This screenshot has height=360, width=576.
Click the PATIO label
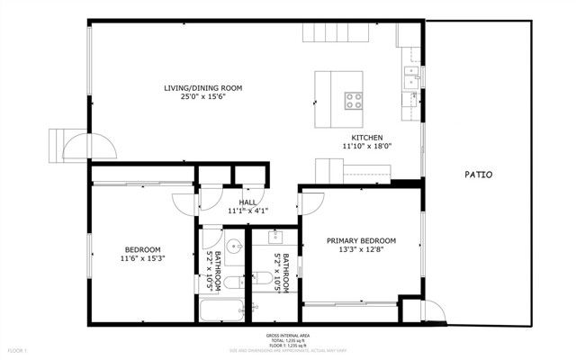coord(478,175)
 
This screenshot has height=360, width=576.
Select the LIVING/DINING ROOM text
coord(202,87)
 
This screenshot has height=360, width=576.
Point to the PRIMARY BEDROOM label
coord(361,240)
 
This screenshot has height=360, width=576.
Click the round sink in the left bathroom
coord(235,246)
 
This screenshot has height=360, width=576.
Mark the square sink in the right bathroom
coord(274,238)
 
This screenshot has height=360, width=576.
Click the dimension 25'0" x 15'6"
coord(202,96)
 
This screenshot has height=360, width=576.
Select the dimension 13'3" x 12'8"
coord(361,251)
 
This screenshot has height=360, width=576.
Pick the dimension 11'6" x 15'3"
coord(142,258)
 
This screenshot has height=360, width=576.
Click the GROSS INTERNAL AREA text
coord(288,335)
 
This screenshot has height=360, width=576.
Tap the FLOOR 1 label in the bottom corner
coord(18,349)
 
